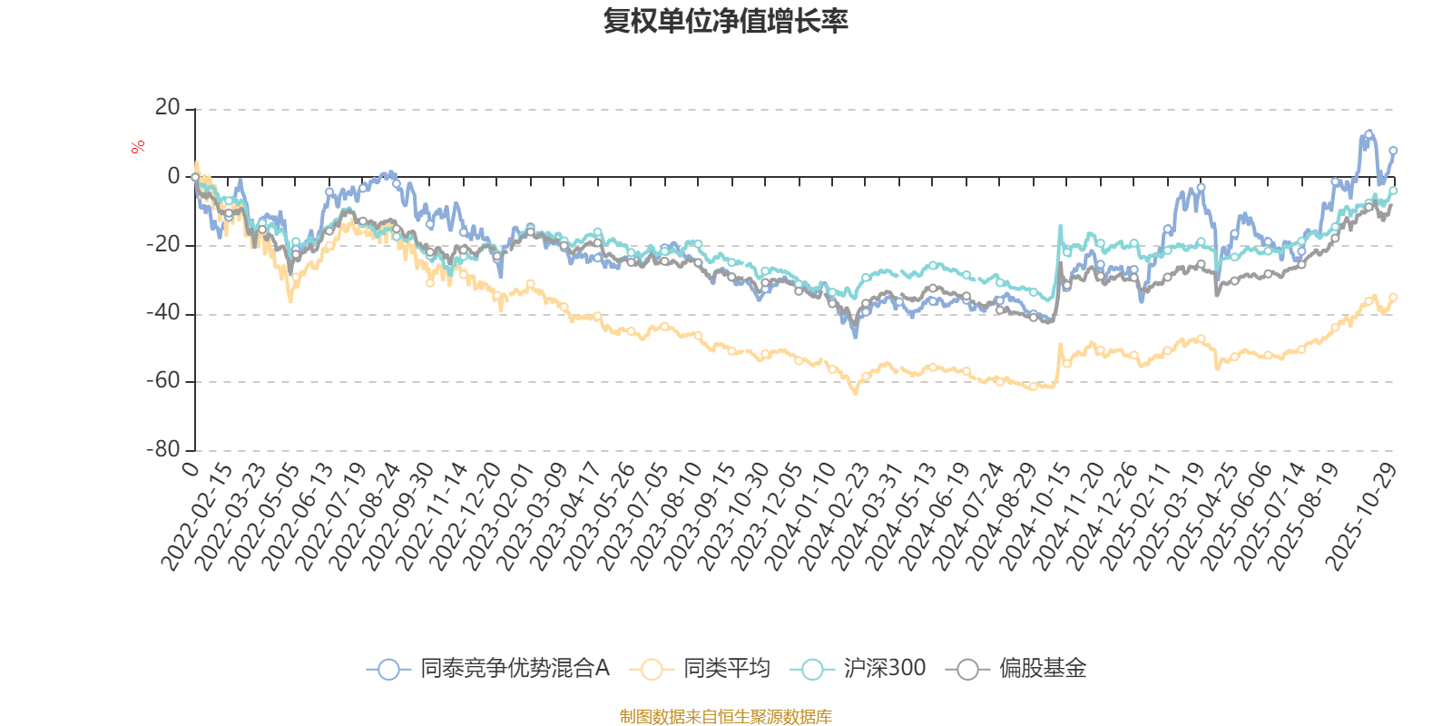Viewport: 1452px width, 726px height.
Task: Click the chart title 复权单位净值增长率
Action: (725, 22)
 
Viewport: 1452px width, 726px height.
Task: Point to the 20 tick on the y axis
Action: (168, 108)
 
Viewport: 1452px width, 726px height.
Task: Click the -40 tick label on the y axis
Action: (164, 313)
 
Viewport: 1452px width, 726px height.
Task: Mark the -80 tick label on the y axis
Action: (164, 449)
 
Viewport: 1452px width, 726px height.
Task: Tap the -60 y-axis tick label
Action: (164, 381)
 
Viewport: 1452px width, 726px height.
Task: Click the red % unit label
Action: (138, 147)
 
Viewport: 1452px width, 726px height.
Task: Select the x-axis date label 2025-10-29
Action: (1360, 516)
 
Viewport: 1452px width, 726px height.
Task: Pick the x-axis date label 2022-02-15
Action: (197, 516)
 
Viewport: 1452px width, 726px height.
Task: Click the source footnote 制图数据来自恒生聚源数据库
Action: (725, 717)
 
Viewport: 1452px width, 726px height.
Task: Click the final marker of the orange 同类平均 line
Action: (1393, 297)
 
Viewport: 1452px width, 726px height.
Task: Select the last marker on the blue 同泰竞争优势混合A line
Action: (1393, 151)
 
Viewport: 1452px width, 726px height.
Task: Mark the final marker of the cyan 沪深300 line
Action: (1394, 191)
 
